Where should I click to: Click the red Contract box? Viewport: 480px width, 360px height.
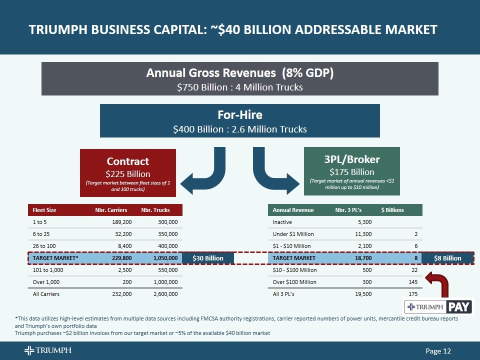128,171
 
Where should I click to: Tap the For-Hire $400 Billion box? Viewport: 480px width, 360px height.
240,120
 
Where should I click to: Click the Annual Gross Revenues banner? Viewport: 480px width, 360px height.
240,79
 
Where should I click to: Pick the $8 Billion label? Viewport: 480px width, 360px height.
447,258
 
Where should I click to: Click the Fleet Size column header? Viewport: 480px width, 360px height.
44,210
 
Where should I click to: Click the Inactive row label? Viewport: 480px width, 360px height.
282,222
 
